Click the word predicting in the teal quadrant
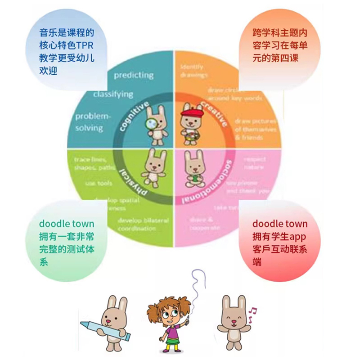point(133,75)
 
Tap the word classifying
point(113,94)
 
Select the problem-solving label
point(92,122)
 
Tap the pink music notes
point(252,311)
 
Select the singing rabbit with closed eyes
point(234,317)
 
